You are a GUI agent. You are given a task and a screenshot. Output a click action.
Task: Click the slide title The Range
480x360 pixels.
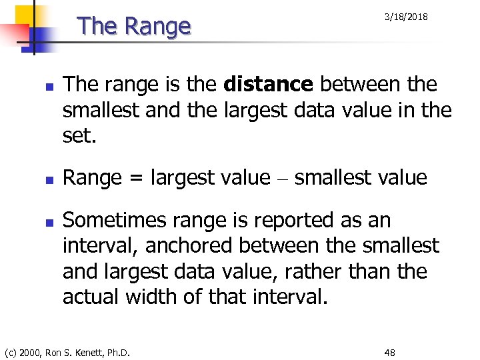coord(134,26)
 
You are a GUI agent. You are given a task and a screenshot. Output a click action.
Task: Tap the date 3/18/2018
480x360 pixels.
coord(406,17)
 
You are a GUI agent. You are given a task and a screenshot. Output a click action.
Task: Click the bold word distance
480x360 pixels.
coord(269,85)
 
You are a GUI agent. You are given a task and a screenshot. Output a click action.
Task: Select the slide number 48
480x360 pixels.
coord(389,352)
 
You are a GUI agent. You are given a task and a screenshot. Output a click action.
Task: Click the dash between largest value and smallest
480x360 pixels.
coord(282,179)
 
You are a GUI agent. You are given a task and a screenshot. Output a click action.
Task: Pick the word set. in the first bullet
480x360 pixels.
coord(79,135)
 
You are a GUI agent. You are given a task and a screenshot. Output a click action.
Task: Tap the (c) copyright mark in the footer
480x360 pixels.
coord(11,352)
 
